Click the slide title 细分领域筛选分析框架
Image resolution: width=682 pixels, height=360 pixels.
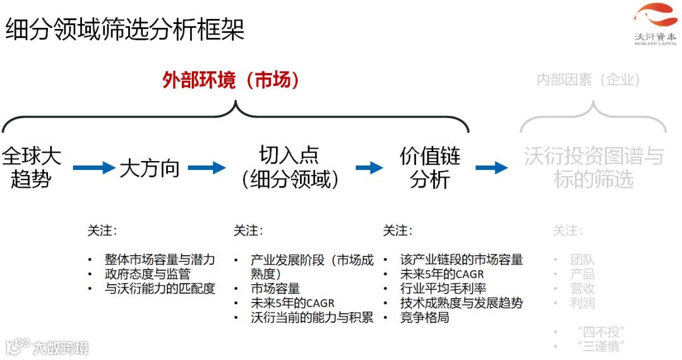coord(125,30)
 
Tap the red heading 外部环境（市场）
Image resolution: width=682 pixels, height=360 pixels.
coord(230,80)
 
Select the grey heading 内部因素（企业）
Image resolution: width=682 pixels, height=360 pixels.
coord(589,80)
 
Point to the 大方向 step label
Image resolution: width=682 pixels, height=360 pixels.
coord(150,168)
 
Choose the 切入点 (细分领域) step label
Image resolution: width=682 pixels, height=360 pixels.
coord(289,167)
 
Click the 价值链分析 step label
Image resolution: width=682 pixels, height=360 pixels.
coord(430,167)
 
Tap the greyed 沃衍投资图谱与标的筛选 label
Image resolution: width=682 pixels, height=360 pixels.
coord(593,167)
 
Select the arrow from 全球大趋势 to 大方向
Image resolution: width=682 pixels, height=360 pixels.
coord(94,168)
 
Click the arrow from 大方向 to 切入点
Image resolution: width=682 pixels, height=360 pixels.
coord(206,168)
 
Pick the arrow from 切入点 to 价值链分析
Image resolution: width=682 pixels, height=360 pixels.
coord(369,168)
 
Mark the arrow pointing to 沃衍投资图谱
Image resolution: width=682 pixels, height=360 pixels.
coord(491,168)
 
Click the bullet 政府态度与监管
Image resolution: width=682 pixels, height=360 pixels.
coord(147,274)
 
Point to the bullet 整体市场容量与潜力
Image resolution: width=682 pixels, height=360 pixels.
coord(160,260)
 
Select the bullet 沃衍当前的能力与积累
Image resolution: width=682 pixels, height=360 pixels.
coord(312,317)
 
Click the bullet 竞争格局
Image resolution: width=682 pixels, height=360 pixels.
coord(424,317)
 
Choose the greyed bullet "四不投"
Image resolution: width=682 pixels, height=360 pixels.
coord(601,332)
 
